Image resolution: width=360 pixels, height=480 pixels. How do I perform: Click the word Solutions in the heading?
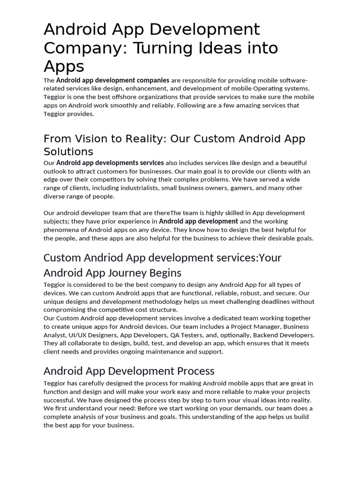tap(68, 152)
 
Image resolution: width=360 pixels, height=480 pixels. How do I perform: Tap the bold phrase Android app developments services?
tap(110, 163)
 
